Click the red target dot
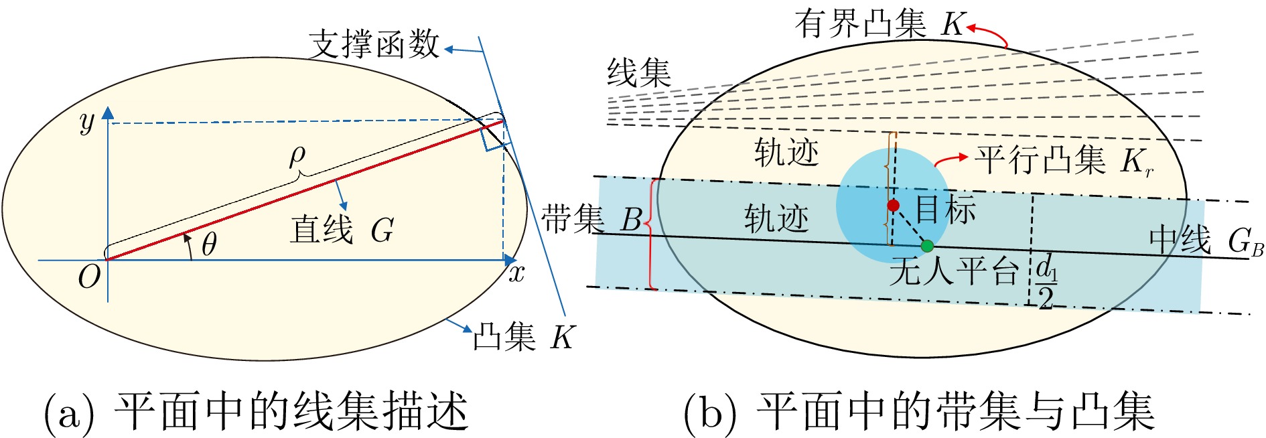point(893,205)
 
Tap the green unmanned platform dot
point(927,246)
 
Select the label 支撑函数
point(374,44)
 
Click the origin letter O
point(89,276)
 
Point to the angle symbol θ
point(209,244)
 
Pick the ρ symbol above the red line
point(297,156)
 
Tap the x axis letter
point(516,274)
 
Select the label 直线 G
point(342,230)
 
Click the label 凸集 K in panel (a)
point(523,337)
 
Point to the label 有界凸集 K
point(880,24)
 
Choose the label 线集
point(638,72)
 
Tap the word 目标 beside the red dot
point(946,209)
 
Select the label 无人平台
point(954,272)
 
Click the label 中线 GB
point(1206,241)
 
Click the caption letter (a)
point(69,413)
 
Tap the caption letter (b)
point(710,413)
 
